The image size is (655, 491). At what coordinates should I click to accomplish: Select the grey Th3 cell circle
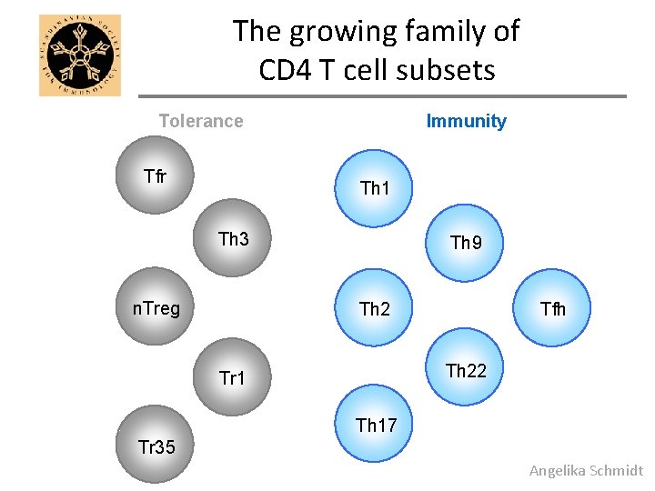click(x=235, y=238)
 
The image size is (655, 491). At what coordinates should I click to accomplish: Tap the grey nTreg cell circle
click(x=156, y=307)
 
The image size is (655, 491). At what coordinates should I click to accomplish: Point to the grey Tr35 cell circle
click(x=156, y=446)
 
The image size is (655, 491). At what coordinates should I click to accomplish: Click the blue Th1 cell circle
click(x=374, y=187)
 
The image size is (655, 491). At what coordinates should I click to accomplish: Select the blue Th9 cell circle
click(x=466, y=242)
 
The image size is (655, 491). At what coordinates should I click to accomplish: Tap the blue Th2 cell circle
click(x=374, y=308)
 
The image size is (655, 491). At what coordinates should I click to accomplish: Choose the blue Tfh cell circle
click(x=552, y=308)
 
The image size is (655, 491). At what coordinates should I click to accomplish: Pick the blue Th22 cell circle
click(x=466, y=370)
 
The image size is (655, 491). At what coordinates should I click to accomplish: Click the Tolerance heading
click(x=201, y=121)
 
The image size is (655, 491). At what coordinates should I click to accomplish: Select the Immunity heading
click(x=466, y=121)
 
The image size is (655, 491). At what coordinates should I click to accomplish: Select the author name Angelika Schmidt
click(x=586, y=470)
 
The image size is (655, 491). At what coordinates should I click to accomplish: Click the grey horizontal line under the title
click(x=382, y=96)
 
